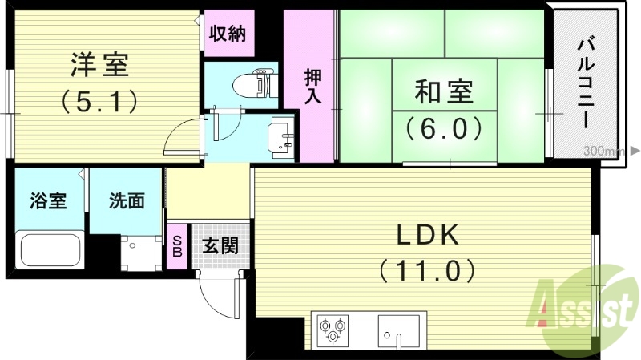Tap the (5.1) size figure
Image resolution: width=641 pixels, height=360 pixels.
coord(100,102)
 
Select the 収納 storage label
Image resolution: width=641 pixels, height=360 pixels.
coord(228,34)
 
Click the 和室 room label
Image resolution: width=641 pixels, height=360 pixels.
coord(443,92)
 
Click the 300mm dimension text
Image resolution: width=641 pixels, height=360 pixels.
coord(603,151)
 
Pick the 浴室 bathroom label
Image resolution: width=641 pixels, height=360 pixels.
coord(49,200)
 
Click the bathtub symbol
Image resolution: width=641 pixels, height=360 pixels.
coord(50,249)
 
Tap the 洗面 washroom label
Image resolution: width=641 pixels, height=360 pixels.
coord(127,200)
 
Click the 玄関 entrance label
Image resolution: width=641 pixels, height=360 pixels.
coord(219,245)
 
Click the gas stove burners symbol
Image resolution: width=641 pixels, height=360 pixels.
coord(335,330)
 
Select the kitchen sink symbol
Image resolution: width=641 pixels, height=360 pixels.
coord(398,330)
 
